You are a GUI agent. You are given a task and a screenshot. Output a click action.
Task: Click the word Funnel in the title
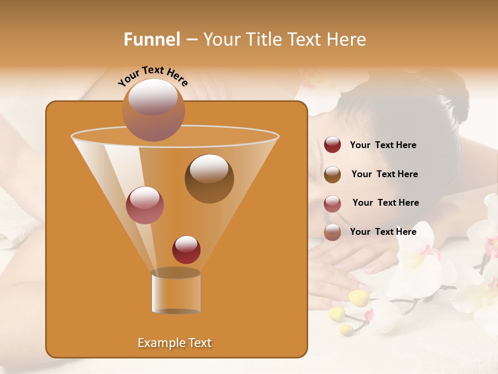click(x=152, y=39)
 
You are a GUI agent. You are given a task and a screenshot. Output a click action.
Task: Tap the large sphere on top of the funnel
click(x=153, y=110)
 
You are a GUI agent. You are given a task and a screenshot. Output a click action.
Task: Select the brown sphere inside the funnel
click(x=209, y=179)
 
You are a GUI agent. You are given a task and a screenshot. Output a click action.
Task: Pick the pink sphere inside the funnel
click(x=145, y=205)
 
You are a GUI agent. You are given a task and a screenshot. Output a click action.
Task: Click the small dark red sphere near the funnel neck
click(x=186, y=250)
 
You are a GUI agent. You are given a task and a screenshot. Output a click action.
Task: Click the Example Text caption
click(x=174, y=343)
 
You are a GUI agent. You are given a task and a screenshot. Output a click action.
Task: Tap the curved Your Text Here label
click(x=153, y=76)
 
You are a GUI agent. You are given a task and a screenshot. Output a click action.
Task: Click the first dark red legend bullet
click(x=333, y=145)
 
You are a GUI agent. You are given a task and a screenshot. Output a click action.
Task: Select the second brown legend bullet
click(x=333, y=175)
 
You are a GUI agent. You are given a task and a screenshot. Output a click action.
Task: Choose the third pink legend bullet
click(x=333, y=204)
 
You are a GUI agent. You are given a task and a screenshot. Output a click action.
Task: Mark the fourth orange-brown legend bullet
click(x=333, y=232)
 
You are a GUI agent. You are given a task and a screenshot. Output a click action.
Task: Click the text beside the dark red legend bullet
click(x=383, y=145)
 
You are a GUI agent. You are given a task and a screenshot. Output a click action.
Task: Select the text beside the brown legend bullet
click(x=384, y=175)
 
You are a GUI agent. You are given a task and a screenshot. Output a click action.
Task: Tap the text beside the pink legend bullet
click(x=385, y=203)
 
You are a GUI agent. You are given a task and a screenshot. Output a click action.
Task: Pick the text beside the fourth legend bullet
click(x=383, y=232)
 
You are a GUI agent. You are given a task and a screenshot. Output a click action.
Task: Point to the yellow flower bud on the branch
click(x=358, y=298)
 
